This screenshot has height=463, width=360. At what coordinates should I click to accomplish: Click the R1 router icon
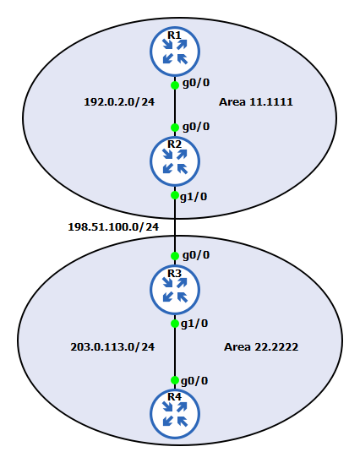pos(175,52)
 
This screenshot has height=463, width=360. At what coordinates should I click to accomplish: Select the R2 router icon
pos(175,162)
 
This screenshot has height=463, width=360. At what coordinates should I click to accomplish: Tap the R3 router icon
pos(175,290)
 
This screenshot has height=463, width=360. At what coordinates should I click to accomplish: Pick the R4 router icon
pos(175,414)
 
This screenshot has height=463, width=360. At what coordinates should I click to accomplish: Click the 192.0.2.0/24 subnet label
pos(119,102)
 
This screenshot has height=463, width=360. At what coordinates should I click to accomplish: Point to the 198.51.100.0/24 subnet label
pos(113,226)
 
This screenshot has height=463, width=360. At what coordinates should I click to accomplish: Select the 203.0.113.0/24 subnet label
pos(112,347)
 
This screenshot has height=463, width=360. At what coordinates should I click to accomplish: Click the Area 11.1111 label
pos(256,102)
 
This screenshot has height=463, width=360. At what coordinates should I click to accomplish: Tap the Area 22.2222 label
pos(261,347)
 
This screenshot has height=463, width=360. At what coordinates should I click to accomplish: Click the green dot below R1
pos(175,85)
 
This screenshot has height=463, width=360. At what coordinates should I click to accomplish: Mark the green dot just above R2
pos(175,128)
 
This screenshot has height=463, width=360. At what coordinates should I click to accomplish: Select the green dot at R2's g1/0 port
pos(175,195)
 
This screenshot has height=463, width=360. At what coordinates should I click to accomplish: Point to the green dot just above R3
pos(175,256)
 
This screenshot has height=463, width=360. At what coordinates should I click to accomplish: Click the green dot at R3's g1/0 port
pos(175,324)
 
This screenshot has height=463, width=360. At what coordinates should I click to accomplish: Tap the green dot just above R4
pos(175,380)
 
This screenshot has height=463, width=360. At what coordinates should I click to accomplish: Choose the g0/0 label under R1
pos(196,84)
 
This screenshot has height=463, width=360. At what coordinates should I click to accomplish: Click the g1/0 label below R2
pos(194,197)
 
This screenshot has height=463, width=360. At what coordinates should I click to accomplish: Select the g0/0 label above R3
pos(196,255)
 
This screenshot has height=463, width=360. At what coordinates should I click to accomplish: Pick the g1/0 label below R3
pos(194,324)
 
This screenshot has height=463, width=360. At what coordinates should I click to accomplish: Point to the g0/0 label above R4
pos(194,381)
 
